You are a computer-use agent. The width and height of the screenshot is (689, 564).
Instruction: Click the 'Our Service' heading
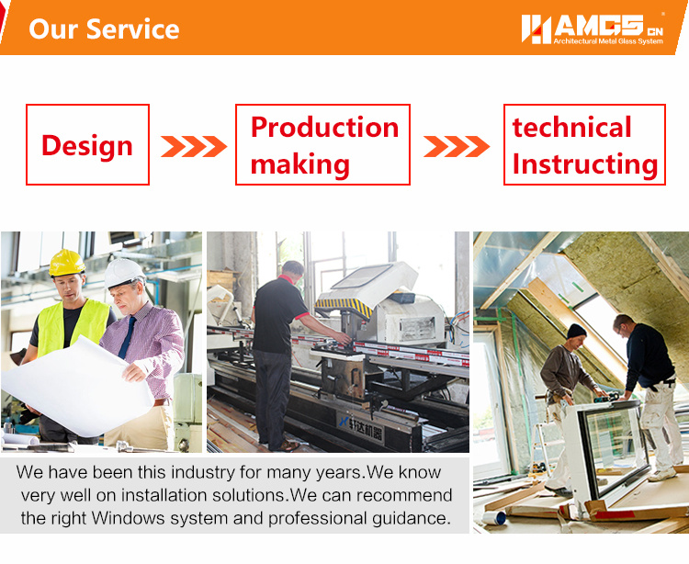104,29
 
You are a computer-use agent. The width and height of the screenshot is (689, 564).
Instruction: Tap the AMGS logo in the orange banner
593,29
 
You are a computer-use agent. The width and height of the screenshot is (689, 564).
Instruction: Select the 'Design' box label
87,145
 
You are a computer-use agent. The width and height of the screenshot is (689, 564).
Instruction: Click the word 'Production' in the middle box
324,128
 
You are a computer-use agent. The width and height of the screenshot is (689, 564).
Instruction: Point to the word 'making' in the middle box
300,164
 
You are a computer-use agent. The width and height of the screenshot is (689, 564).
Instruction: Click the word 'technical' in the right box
571,128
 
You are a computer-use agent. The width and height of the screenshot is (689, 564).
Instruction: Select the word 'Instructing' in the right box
585,164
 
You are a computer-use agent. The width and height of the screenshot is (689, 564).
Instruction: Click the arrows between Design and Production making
194,146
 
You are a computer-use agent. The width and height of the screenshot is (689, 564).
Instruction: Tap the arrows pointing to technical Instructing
457,146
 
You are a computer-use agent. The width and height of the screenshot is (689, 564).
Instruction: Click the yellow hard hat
67,263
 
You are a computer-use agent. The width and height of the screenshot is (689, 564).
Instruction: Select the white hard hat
123,272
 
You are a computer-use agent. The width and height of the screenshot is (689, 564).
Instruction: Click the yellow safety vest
73,326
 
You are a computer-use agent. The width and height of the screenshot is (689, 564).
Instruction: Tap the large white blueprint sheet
79,387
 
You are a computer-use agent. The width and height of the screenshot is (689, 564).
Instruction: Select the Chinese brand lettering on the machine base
361,427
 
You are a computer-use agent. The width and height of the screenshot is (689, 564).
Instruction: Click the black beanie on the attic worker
576,332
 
